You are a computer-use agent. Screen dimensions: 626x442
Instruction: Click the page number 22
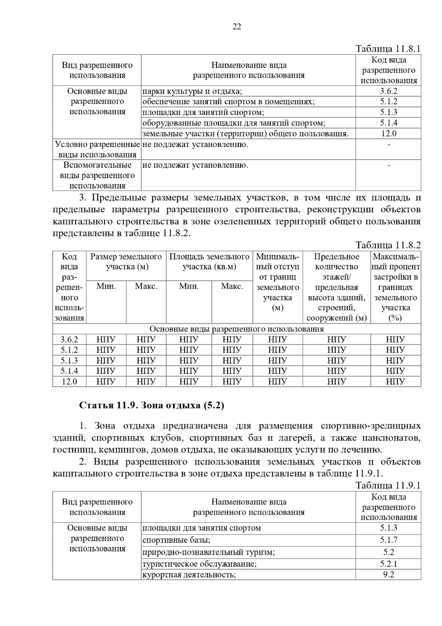[237, 27]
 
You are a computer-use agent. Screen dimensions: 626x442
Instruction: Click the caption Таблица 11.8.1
[388, 49]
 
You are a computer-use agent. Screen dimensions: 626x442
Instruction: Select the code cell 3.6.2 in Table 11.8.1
[389, 91]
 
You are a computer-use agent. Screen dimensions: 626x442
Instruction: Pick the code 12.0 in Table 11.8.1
[389, 133]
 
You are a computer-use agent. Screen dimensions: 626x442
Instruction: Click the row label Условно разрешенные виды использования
[97, 149]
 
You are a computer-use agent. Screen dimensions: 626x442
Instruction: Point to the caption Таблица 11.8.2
[388, 245]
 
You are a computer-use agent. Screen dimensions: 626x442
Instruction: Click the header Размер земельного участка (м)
[126, 261]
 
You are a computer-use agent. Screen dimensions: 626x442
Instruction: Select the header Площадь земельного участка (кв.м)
[209, 261]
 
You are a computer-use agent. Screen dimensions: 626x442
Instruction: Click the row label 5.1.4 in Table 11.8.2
[69, 371]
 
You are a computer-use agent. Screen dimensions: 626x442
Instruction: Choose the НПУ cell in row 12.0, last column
[396, 382]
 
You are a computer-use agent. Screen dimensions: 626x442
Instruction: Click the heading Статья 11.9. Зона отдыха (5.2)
[152, 406]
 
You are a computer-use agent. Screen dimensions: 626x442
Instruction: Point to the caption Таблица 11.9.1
[388, 486]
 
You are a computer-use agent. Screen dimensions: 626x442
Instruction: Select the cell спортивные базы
[176, 540]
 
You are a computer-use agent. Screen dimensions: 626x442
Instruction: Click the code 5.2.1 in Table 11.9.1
[389, 564]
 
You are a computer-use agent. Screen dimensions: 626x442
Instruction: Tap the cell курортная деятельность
[189, 575]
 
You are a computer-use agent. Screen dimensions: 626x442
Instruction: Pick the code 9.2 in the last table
[389, 575]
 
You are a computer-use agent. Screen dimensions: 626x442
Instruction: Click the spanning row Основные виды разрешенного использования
[236, 329]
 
